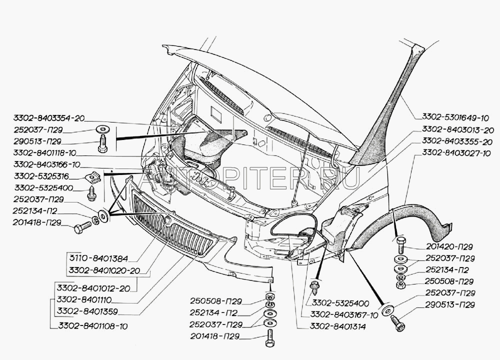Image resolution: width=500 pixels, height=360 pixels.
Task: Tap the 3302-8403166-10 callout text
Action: click(x=46, y=164)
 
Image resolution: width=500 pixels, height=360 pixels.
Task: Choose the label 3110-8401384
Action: click(x=99, y=259)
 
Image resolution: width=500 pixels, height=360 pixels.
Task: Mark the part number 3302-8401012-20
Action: click(x=92, y=288)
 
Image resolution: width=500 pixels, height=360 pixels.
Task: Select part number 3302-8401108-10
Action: click(x=92, y=325)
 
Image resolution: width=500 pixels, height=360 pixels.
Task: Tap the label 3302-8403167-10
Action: click(x=344, y=315)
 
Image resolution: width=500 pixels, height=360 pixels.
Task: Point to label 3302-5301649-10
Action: click(x=453, y=118)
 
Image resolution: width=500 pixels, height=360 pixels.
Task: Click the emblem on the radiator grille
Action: click(x=168, y=219)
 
